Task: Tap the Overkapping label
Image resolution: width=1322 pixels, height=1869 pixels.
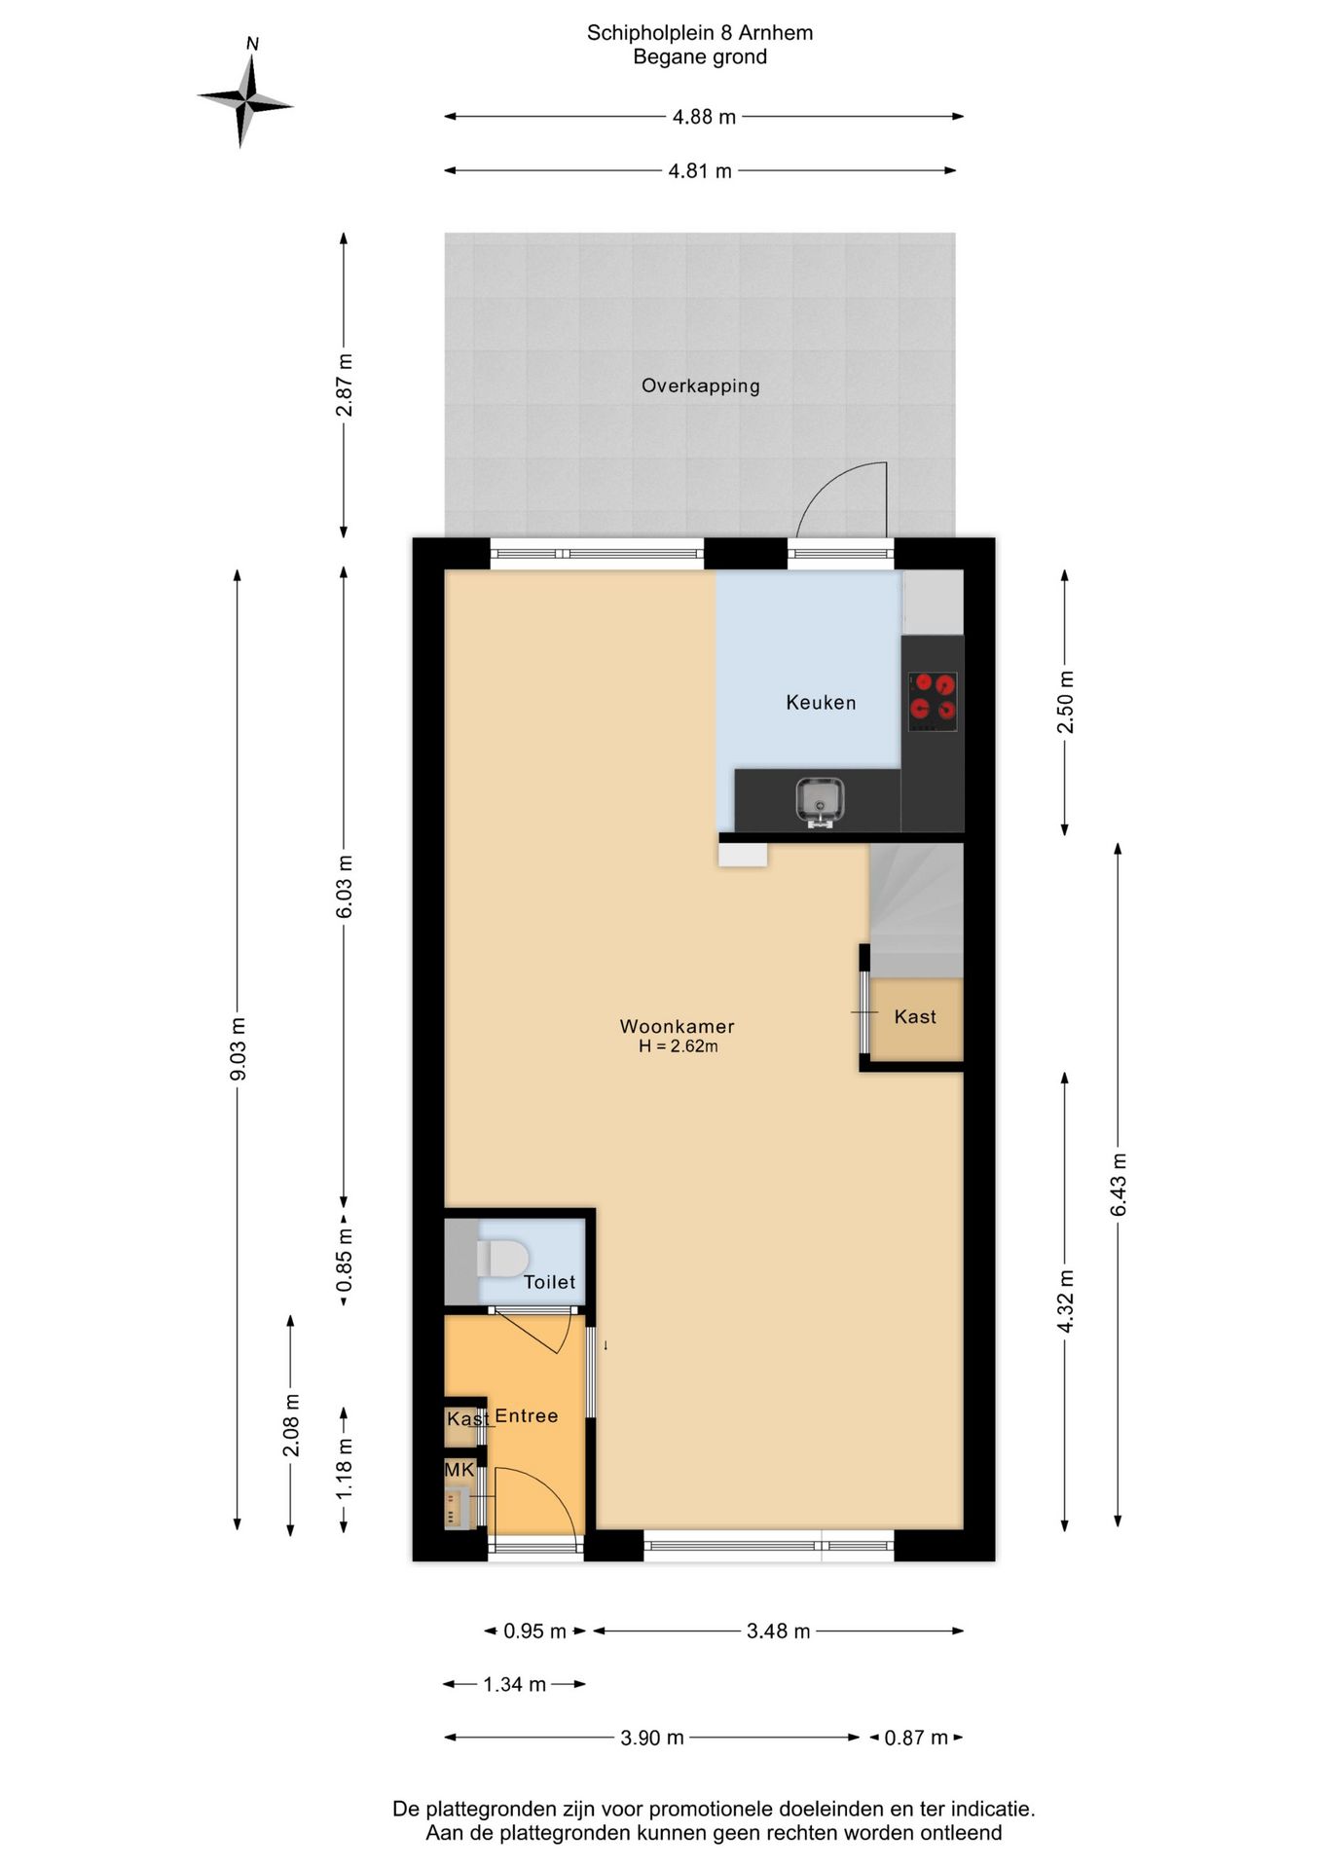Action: (700, 385)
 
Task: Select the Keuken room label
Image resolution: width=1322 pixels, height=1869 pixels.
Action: (821, 702)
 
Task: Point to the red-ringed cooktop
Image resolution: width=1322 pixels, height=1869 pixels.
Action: (933, 702)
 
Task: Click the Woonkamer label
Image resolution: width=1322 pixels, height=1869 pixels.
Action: (677, 1026)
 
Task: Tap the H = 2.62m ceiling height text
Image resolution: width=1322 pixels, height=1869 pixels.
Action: (679, 1047)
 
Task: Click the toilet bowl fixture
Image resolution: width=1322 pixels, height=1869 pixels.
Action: (502, 1258)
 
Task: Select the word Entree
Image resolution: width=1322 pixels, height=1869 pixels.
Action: (527, 1415)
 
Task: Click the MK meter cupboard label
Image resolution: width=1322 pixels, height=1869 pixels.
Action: (459, 1469)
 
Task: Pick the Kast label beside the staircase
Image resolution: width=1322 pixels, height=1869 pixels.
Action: (915, 1016)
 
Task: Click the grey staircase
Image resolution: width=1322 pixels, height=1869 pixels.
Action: (916, 910)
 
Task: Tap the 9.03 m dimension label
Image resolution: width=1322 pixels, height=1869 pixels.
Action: (238, 1048)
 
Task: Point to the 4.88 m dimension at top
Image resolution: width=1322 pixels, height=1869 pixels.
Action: (704, 117)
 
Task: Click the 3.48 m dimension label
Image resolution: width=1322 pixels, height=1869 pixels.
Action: (778, 1631)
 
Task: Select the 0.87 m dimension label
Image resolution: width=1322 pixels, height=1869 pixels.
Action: (915, 1738)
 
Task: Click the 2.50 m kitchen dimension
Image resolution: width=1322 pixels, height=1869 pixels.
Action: (1065, 702)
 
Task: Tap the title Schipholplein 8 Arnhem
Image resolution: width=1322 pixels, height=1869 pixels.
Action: (700, 33)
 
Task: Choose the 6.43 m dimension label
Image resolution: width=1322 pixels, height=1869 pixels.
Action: (1119, 1184)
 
